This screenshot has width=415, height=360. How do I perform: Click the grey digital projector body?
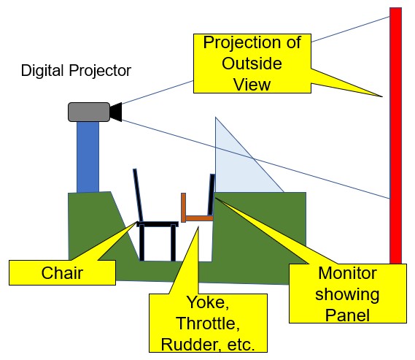point(89,112)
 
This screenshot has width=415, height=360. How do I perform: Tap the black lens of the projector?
point(116,112)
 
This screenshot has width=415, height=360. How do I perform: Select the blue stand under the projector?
point(88,157)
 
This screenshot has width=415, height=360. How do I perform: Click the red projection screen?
point(395,136)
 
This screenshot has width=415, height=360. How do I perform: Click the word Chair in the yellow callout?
point(62,273)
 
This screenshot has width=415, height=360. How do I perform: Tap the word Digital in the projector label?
point(42,71)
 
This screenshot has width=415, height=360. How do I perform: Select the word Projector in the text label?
point(100,71)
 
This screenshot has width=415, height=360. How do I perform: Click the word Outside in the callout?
point(252,64)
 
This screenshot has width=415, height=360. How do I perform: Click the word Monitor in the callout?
point(347,273)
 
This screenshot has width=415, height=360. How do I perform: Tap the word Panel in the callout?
point(347,315)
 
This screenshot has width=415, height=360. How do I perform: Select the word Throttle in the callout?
point(208,323)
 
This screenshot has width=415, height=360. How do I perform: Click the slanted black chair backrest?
point(138,195)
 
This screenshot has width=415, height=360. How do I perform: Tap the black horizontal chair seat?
point(158,224)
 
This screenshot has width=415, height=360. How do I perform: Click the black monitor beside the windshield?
point(212,195)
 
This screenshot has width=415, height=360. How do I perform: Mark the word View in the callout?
point(252,85)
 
